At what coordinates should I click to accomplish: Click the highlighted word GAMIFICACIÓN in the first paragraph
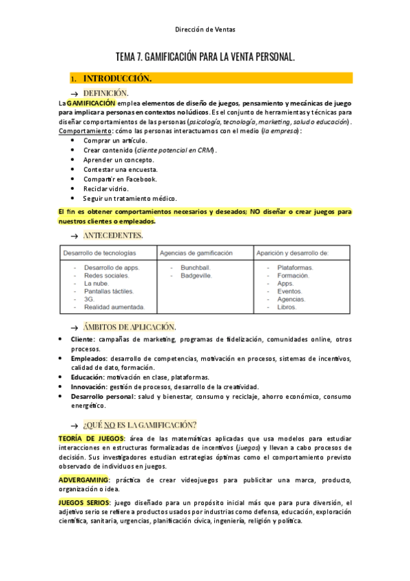tap(91, 103)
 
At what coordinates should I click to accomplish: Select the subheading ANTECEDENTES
tap(113, 235)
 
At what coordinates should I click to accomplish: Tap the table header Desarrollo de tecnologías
tap(101, 253)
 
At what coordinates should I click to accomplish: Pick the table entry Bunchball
tap(195, 267)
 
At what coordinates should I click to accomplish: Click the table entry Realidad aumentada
tap(114, 308)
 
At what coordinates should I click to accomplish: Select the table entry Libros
tap(287, 308)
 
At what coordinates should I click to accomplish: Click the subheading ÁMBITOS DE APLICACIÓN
tap(129, 326)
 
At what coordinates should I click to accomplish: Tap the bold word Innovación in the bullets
tap(88, 386)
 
